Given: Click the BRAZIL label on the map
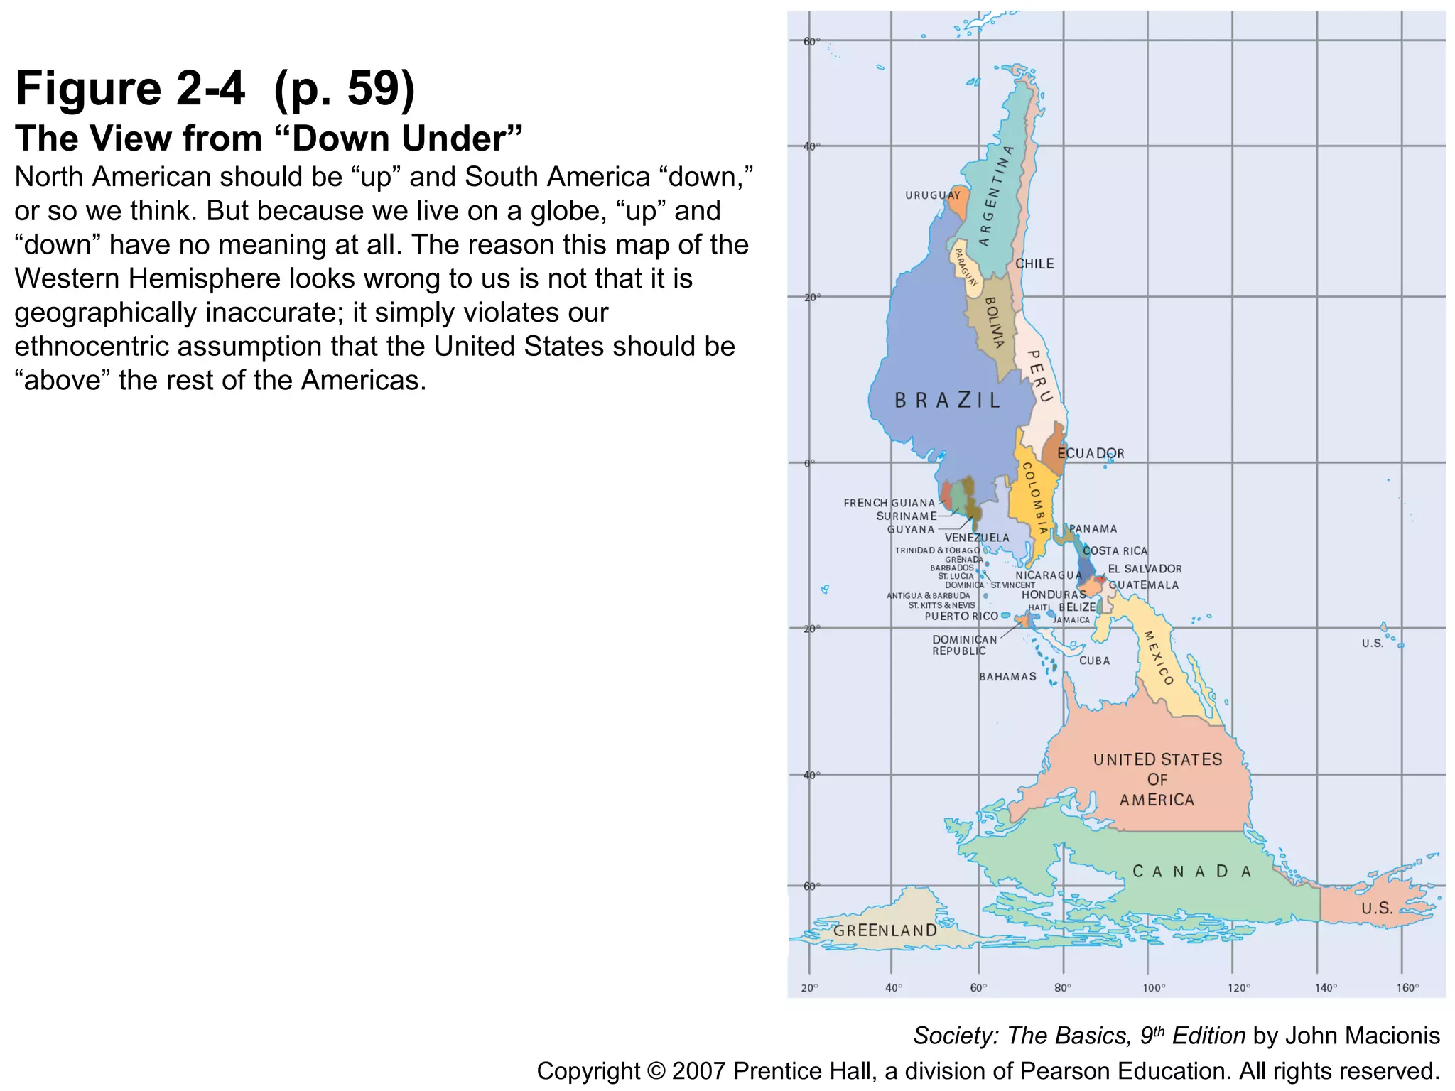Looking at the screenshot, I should point(947,401).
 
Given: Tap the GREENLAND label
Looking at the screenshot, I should point(885,930).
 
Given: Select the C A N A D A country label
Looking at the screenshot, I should point(1191,872).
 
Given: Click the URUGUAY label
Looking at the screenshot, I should point(932,195).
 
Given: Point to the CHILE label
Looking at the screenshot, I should point(1034,264).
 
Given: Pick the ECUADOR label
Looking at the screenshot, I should point(1091,453).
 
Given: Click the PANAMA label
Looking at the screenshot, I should point(1093,528).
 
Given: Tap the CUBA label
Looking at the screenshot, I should point(1094,661).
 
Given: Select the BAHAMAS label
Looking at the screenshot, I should point(1007,677).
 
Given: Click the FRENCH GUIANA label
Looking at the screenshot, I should point(889,503).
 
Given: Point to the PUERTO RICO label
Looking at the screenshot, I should point(961,616).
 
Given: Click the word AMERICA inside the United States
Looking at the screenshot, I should point(1157,800).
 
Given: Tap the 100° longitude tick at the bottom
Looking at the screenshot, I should point(1154,987).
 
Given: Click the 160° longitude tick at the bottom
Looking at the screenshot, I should point(1407,987).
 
